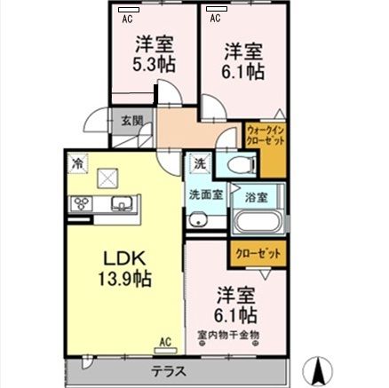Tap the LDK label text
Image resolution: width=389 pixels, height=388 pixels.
click(x=123, y=259)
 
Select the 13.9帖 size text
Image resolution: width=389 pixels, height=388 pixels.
click(x=123, y=279)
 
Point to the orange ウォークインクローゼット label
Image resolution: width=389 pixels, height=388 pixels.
click(x=266, y=134)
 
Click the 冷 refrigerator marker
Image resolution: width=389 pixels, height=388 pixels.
click(x=79, y=162)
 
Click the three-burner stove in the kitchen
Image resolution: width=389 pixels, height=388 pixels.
click(x=83, y=204)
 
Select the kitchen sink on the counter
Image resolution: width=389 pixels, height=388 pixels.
click(x=121, y=204)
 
